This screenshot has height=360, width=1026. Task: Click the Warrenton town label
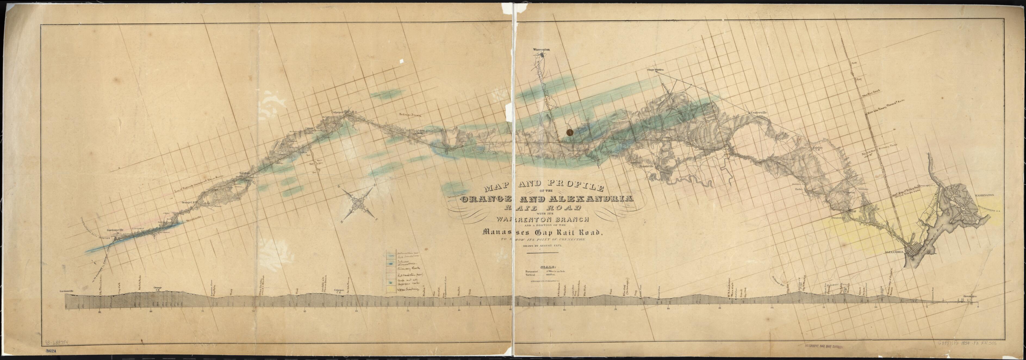pyautogui.click(x=541, y=49)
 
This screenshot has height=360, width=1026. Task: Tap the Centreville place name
pyautogui.click(x=759, y=113)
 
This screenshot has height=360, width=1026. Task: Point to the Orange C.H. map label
pyautogui.click(x=188, y=203)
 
